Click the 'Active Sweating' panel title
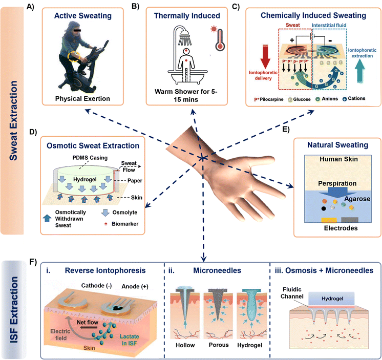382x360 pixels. click(83, 15)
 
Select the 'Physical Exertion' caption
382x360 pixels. click(83, 98)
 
